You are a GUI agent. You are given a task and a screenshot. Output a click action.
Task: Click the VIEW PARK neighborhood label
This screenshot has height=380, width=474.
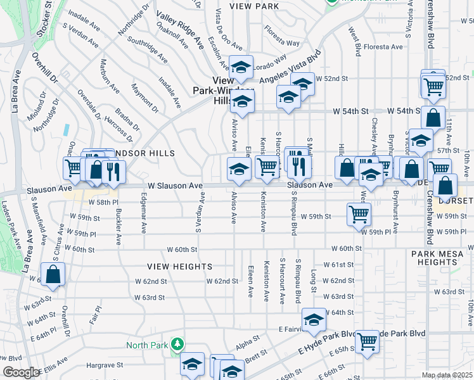click(x=255, y=6)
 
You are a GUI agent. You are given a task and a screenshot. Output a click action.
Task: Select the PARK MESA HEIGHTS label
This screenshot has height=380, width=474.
click(x=439, y=258)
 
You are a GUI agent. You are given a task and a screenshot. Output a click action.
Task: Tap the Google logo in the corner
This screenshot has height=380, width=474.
click(x=21, y=372)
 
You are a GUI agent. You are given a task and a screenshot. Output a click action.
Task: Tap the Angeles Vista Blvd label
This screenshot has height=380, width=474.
click(x=289, y=72)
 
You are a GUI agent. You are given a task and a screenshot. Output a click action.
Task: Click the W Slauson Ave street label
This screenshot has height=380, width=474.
click(x=175, y=186)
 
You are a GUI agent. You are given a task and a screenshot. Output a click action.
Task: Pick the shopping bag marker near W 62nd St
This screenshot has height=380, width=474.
click(x=53, y=275)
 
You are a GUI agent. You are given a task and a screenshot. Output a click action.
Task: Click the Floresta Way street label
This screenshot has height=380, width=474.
click(x=282, y=36)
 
